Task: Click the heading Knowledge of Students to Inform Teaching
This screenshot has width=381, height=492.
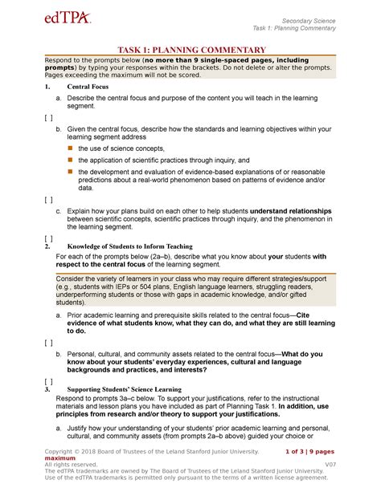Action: coord(129,246)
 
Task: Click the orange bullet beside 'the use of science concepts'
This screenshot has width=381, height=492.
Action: coord(70,148)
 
